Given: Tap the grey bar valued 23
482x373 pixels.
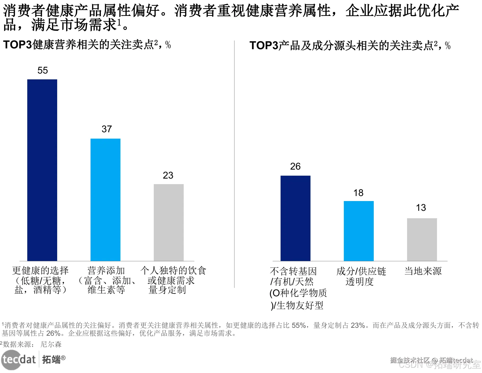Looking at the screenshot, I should [x=169, y=222].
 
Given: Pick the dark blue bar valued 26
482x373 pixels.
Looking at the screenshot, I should [x=295, y=218].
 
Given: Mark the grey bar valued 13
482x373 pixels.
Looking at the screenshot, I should [x=422, y=239].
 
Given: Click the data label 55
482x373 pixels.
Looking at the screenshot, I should [x=43, y=70].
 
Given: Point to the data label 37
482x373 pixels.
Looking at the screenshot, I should [x=107, y=129].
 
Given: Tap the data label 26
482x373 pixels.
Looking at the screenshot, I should [x=295, y=166].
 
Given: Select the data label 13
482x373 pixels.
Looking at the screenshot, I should [x=421, y=208].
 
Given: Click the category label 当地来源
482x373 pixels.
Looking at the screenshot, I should [x=423, y=271].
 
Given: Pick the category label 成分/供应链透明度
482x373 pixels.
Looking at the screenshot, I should [x=361, y=276].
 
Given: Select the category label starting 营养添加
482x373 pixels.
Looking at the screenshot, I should [x=107, y=280].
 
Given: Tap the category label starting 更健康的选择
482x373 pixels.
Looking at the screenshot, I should [x=40, y=280].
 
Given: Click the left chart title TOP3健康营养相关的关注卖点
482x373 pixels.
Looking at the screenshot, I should [x=87, y=45].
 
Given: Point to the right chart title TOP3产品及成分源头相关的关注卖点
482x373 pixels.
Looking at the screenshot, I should [x=349, y=46].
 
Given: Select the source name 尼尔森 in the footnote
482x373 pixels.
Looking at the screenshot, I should [x=51, y=344].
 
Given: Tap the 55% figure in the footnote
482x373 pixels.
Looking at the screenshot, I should [x=299, y=325].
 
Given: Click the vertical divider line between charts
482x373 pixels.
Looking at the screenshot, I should [x=234, y=164].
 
